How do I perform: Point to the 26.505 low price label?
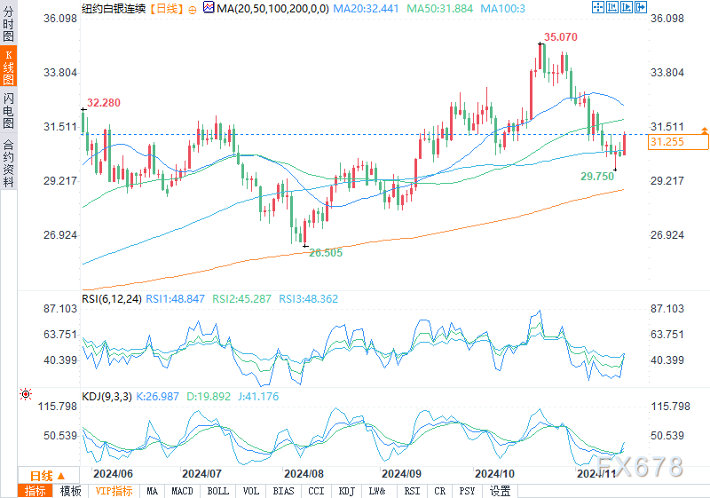point(325,252)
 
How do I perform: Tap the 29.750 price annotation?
point(597,177)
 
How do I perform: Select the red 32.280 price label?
point(104,103)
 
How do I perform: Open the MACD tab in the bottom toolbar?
point(182,491)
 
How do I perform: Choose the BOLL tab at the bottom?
point(217,491)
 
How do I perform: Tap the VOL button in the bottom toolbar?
point(251,491)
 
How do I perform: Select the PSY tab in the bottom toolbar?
point(467,491)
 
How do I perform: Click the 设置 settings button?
point(501,491)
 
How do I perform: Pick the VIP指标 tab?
point(114,491)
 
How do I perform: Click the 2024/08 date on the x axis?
point(304,474)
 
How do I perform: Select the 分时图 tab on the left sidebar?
point(9,28)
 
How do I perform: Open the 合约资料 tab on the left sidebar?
point(9,163)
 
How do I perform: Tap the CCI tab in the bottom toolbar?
point(317,491)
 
